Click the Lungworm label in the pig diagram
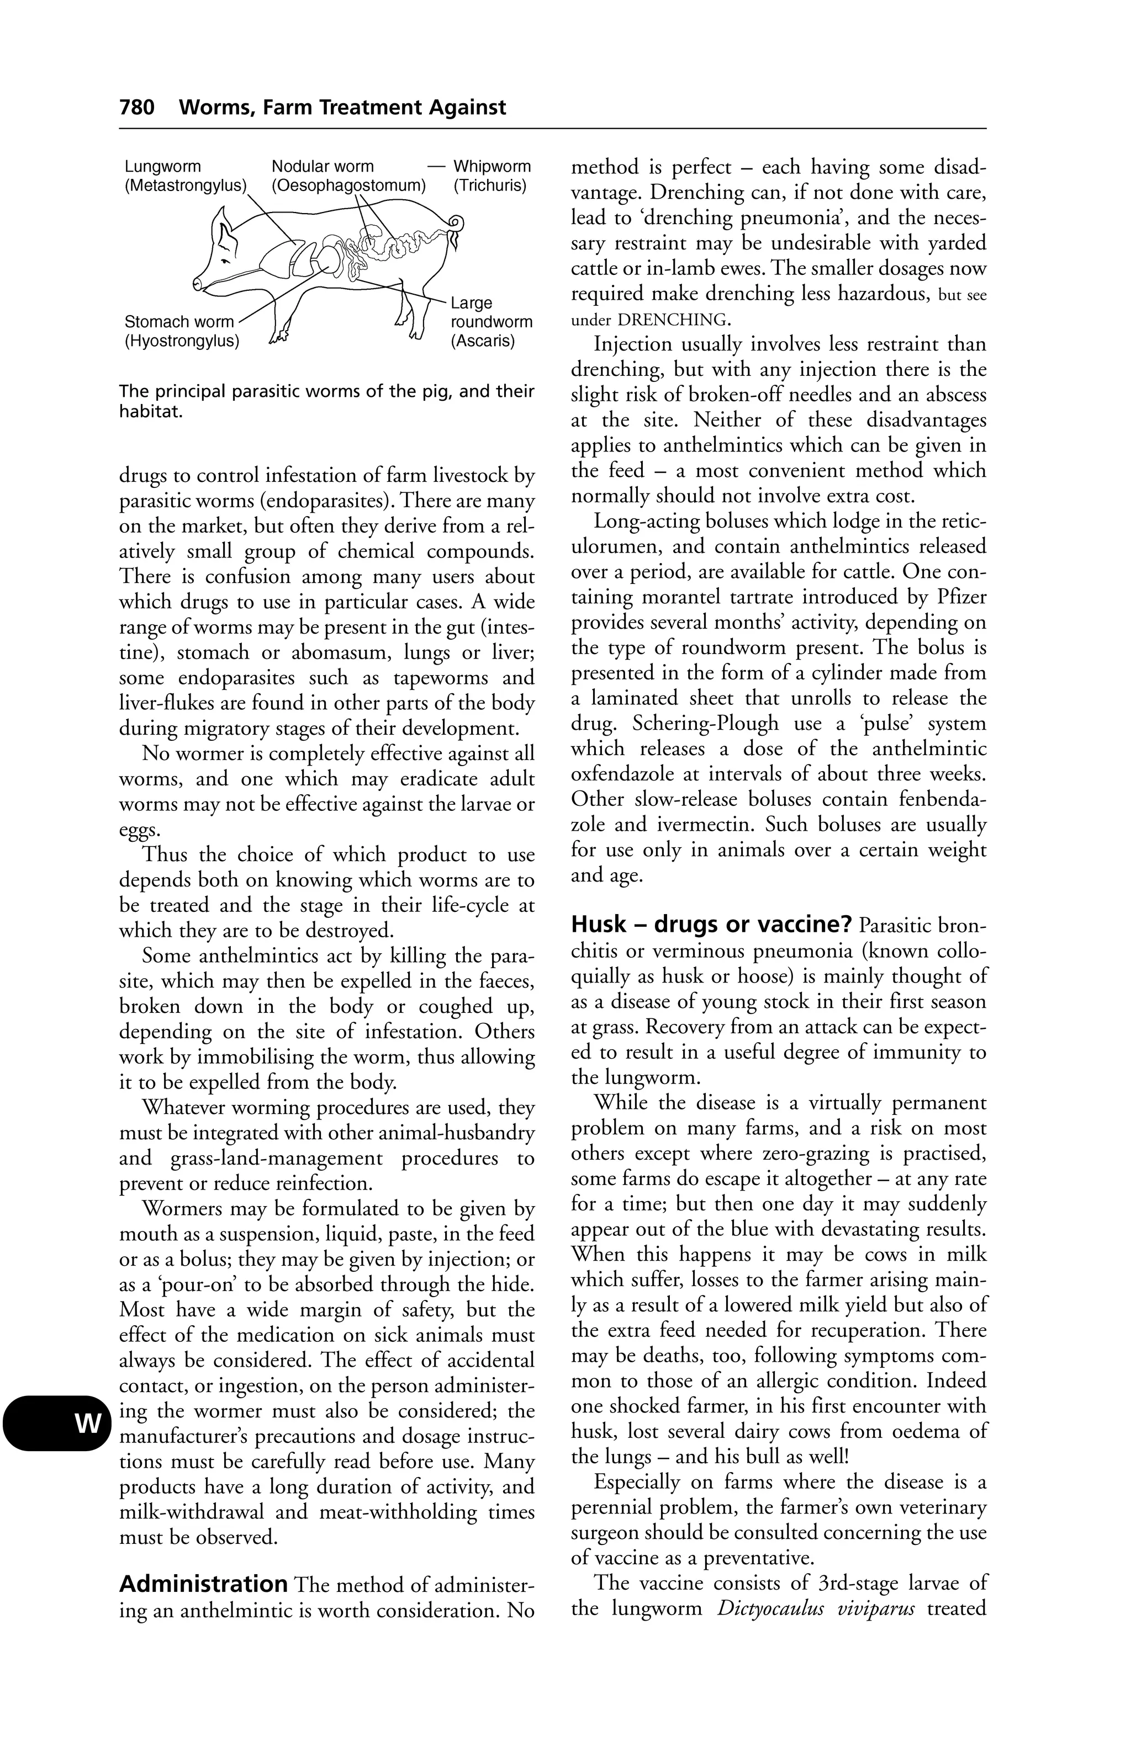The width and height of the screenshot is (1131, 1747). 162,167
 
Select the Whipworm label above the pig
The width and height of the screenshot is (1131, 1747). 492,167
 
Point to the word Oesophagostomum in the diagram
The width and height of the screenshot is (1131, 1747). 349,185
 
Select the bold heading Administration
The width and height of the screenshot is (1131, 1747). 203,1584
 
